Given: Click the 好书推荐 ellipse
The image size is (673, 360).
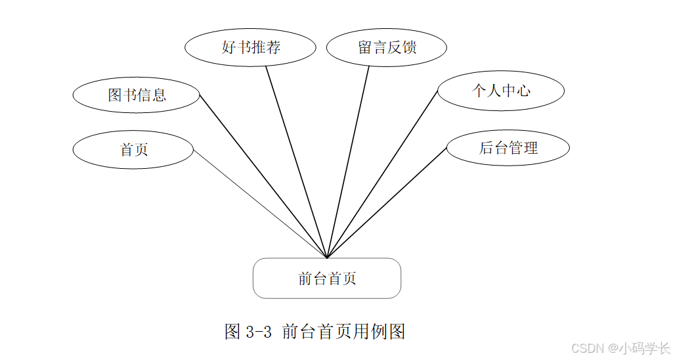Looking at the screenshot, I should (250, 48).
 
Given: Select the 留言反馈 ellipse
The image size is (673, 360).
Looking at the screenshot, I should (387, 48).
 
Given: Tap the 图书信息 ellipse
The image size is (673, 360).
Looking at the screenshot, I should (136, 95).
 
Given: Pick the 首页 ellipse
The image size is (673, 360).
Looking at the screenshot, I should (133, 150).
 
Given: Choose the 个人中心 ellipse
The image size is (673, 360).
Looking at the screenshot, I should (501, 91).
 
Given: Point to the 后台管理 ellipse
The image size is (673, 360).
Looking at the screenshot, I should (508, 148).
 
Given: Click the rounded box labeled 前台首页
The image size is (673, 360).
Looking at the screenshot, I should (327, 279).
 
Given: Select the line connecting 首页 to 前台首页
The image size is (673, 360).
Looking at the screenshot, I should (260, 204).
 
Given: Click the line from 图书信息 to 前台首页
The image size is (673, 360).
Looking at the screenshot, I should (263, 176).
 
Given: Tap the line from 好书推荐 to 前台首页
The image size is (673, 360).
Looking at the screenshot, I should (296, 162).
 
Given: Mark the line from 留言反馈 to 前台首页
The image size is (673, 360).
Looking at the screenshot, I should (348, 162).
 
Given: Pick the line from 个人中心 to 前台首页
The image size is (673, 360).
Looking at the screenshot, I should (382, 174).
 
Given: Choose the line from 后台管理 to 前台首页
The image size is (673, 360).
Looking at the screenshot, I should (387, 203).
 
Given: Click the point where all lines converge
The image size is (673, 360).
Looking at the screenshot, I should (327, 258).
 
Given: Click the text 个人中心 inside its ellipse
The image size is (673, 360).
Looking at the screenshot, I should (501, 91).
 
